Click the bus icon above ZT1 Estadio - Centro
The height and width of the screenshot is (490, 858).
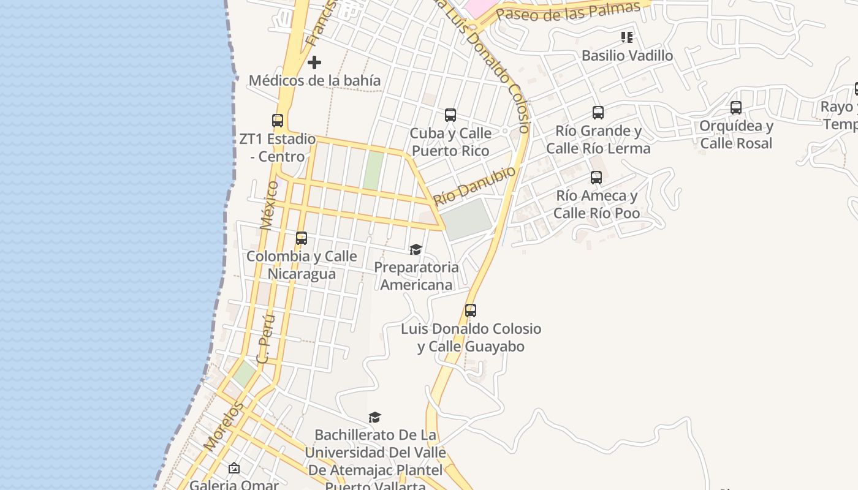278,121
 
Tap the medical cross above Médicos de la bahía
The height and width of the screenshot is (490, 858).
314,62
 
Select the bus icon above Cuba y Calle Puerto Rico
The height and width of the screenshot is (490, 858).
450,115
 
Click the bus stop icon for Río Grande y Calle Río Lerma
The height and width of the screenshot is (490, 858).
598,113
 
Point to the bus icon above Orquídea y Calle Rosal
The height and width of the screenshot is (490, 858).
736,108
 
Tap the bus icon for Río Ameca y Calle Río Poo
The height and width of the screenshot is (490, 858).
596,178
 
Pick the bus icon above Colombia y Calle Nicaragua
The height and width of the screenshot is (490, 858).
302,238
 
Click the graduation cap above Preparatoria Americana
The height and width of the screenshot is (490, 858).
416,249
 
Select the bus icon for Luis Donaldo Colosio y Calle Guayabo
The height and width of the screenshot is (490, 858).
471,311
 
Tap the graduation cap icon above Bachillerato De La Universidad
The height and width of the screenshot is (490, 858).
374,418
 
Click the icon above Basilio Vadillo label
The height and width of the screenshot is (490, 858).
627,37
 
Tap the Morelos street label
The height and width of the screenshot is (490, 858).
224,426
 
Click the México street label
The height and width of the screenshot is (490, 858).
269,205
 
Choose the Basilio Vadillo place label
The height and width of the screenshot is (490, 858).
627,56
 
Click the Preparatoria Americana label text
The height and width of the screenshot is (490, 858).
416,276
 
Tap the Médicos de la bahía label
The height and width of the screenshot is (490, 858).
314,80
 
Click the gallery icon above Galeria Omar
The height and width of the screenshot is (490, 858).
234,469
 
